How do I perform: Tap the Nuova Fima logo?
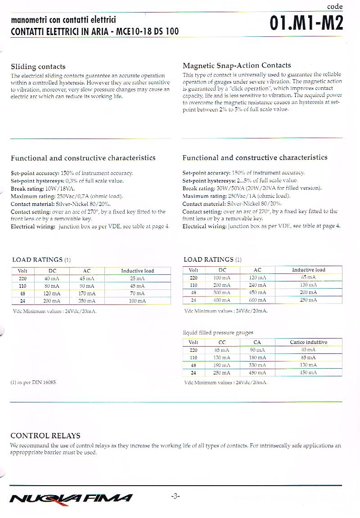pos(71,497)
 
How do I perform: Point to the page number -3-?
pos(175,496)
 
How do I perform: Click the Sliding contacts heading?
pos(38,67)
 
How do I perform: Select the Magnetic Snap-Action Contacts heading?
pos(237,65)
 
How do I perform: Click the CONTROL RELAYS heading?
pos(45,435)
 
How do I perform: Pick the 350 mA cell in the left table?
pos(87,301)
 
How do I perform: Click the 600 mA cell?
pos(257,300)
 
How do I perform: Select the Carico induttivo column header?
pos(308,342)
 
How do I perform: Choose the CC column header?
pos(222,342)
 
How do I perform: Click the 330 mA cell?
pos(257,365)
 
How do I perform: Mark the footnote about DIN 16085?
pos(34,382)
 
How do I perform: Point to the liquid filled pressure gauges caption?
pos(218,332)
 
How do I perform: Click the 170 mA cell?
pos(87,293)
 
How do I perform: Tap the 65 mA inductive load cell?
pos(308,277)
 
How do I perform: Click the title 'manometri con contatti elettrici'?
pos(63,20)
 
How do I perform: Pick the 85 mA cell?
pos(308,357)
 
